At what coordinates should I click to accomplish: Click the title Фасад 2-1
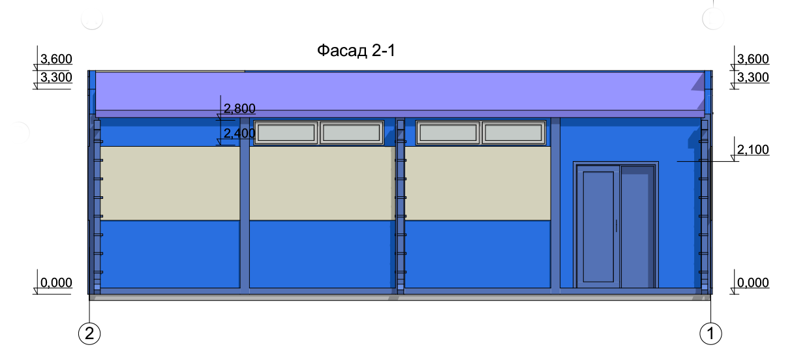tap(356, 51)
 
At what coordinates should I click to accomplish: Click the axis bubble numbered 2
tap(89, 334)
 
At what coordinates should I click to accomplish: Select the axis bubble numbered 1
tap(710, 334)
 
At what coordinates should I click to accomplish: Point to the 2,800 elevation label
tap(239, 108)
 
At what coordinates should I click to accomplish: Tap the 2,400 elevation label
tap(239, 134)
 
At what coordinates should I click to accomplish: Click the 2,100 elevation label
tap(753, 149)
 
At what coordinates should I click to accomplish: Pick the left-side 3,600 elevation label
tap(56, 59)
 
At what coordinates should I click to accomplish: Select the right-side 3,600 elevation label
tap(753, 59)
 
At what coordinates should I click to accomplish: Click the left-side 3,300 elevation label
tap(56, 77)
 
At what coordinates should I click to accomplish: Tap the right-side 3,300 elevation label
tap(753, 77)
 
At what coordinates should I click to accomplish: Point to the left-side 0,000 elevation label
tap(56, 282)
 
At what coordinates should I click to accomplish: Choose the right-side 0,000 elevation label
tap(753, 282)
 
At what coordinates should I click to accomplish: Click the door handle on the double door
tap(617, 226)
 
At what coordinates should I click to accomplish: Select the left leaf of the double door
tap(598, 226)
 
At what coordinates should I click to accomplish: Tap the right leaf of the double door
tap(637, 226)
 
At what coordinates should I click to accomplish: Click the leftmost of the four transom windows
tap(286, 133)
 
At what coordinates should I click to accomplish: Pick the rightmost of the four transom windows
tap(513, 133)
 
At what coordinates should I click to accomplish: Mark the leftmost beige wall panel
tap(170, 183)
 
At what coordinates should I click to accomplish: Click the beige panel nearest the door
tap(478, 183)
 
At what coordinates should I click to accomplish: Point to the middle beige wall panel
tap(322, 183)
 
